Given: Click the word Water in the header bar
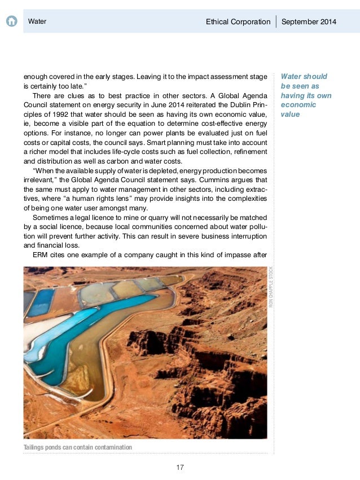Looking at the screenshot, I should [x=37, y=22].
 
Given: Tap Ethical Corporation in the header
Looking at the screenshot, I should [x=238, y=22].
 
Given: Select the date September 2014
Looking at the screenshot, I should [x=309, y=22].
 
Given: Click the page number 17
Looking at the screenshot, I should [x=180, y=467].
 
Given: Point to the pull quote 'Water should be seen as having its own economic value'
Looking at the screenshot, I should [x=306, y=95].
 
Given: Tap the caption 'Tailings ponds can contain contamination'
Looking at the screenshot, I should [x=78, y=447].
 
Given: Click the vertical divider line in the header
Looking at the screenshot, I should [x=276, y=22].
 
